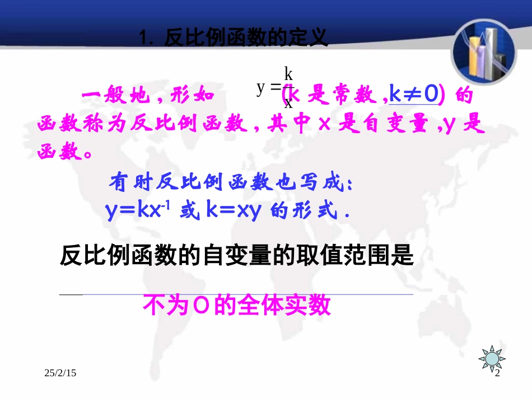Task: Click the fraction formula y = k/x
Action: click(x=276, y=87)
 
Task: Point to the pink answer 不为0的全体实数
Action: click(x=237, y=306)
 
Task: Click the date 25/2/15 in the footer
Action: click(x=60, y=373)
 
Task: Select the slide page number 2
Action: click(x=496, y=373)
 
